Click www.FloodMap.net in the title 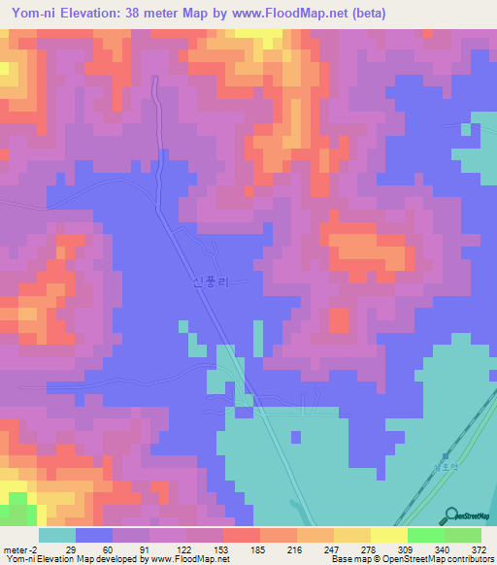[x=280, y=14]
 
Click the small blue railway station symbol [x=447, y=455]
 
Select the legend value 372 [x=480, y=548]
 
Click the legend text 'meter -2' [x=22, y=548]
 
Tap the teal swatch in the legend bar [x=56, y=535]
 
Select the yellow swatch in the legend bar [x=388, y=535]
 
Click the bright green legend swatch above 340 [x=425, y=535]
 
